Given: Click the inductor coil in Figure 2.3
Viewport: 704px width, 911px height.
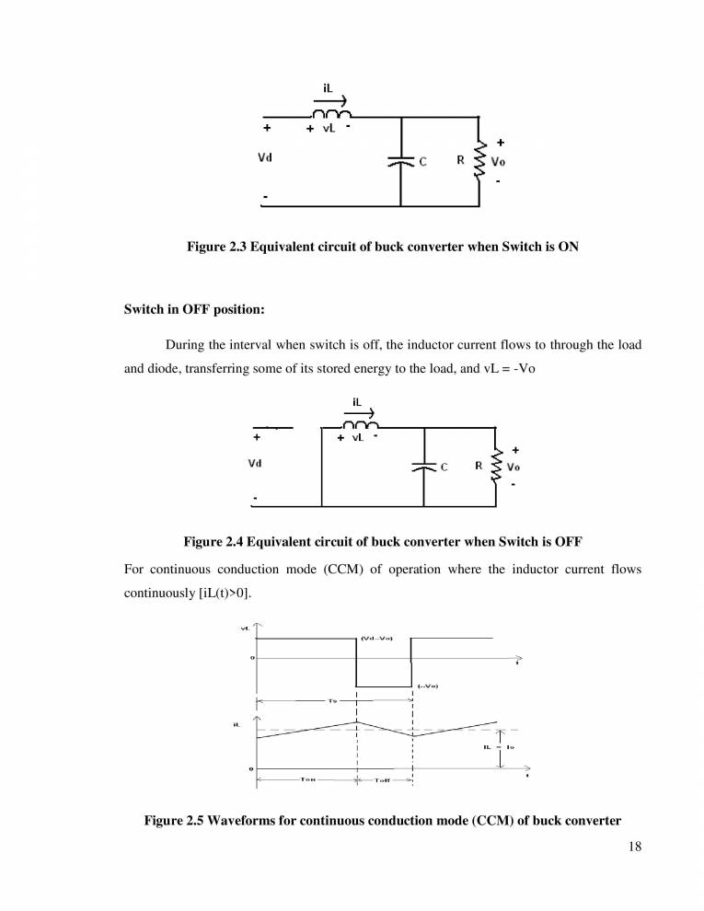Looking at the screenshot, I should point(332,113).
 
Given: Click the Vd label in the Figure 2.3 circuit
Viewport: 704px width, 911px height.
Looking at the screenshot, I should point(264,158).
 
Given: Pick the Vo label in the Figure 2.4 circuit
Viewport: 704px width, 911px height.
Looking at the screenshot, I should point(515,466).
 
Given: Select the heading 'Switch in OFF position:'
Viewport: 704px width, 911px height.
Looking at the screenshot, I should point(195,309).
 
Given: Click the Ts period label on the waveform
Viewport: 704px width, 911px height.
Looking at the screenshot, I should point(331,700).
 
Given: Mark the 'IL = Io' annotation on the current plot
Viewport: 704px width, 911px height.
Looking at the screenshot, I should point(498,746).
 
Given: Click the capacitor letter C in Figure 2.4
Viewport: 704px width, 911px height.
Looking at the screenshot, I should point(443,467).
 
